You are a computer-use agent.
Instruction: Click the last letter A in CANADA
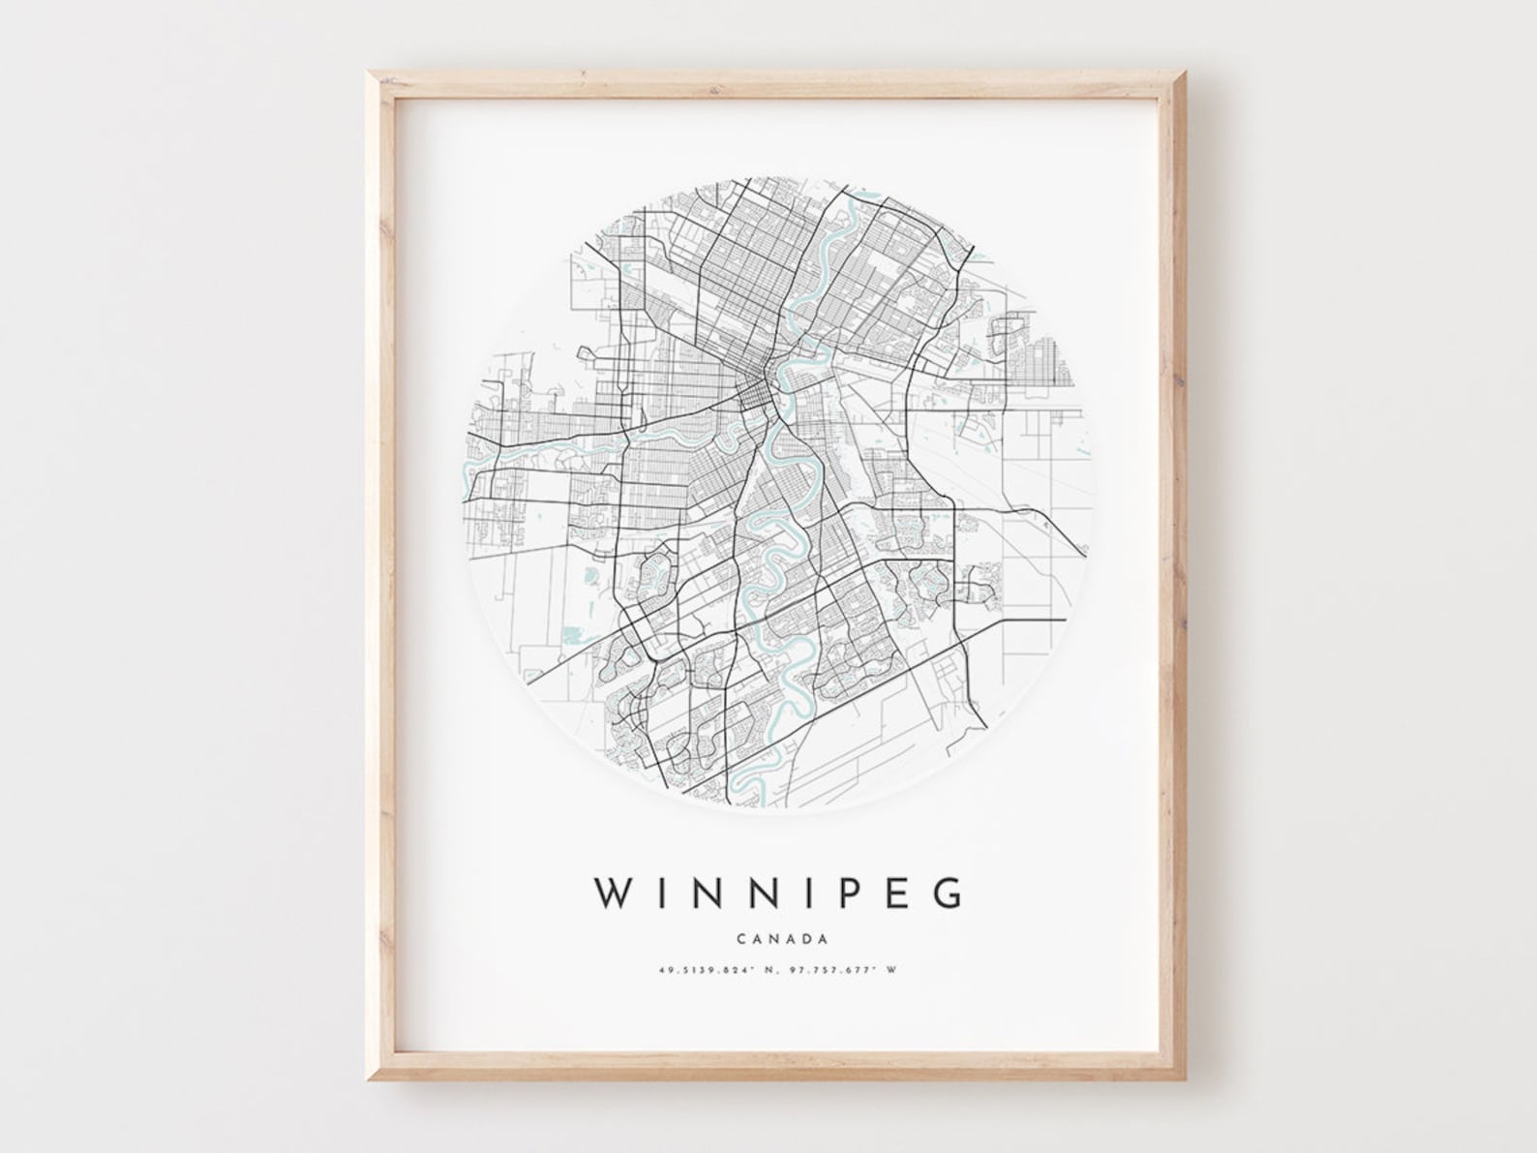(822, 938)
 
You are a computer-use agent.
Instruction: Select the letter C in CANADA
(740, 938)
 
